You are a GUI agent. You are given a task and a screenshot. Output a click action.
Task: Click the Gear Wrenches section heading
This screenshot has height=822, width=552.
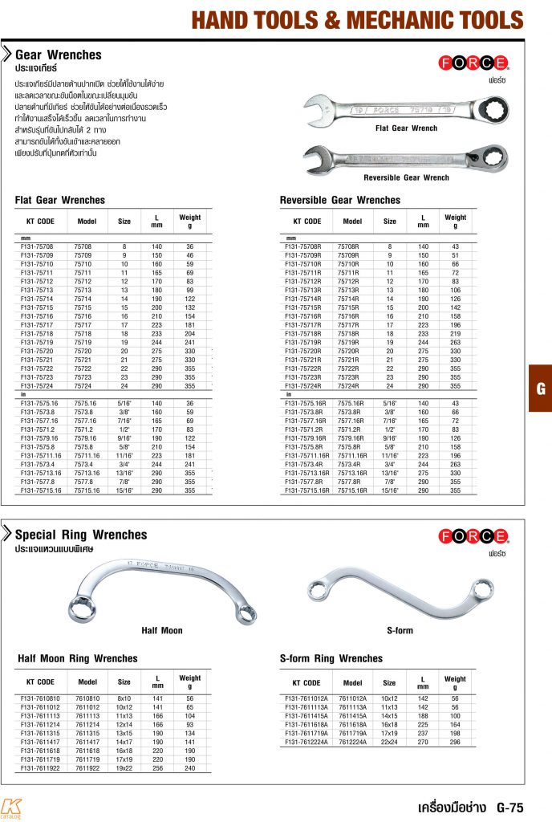click(59, 55)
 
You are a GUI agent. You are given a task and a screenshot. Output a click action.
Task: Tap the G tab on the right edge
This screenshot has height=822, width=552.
click(541, 389)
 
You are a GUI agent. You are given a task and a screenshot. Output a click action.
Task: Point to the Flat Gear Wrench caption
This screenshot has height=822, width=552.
click(406, 128)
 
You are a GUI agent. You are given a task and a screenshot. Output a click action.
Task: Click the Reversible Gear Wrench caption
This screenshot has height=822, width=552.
click(406, 177)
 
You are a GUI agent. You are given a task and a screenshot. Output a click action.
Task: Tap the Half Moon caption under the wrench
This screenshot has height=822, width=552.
click(161, 631)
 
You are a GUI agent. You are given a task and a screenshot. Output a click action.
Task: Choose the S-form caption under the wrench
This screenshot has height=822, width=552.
click(400, 631)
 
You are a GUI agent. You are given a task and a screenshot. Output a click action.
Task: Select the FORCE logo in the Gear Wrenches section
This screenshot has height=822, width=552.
click(473, 62)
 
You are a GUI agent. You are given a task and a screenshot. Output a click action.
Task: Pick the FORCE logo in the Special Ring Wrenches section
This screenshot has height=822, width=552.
click(473, 535)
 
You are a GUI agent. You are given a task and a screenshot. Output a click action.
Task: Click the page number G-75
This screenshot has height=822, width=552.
click(509, 807)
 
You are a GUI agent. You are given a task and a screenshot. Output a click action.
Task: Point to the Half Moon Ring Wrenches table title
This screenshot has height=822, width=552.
click(77, 659)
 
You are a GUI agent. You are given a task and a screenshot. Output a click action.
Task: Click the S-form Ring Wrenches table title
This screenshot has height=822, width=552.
click(331, 659)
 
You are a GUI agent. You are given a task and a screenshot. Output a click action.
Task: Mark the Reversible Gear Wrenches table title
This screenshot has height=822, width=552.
click(339, 200)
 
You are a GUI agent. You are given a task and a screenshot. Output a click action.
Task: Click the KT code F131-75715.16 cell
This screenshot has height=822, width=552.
click(39, 490)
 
